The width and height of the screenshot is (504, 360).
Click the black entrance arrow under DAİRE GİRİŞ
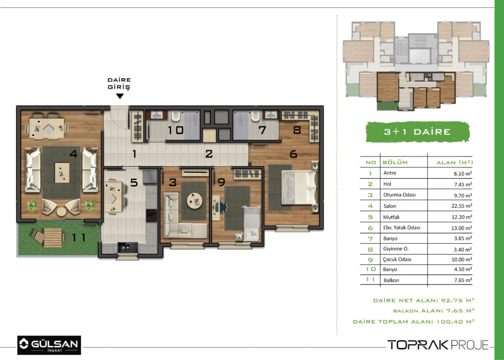click(x=120, y=96)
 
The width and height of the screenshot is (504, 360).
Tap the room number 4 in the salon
click(x=74, y=154)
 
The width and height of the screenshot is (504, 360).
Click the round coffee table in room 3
click(x=195, y=201)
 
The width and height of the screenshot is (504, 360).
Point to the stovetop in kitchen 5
click(x=152, y=215)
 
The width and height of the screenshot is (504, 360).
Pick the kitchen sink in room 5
click(x=127, y=247)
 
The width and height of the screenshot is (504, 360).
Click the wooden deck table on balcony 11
click(x=53, y=238)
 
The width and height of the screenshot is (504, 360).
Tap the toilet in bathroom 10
click(x=176, y=116)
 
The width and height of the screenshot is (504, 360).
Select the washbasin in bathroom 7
click(x=271, y=115)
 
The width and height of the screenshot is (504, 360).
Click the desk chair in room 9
click(x=223, y=207)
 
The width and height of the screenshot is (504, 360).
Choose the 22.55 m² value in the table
click(x=462, y=206)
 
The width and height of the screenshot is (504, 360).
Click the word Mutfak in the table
click(x=391, y=217)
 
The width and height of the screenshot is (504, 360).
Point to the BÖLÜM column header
click(x=395, y=163)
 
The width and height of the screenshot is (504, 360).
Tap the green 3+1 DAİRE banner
click(x=417, y=132)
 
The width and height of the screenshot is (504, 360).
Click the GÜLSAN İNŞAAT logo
click(x=49, y=345)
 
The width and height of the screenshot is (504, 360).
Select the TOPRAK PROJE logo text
click(x=438, y=345)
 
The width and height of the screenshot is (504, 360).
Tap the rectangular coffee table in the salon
click(x=62, y=173)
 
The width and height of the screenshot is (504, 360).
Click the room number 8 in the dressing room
click(x=297, y=130)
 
